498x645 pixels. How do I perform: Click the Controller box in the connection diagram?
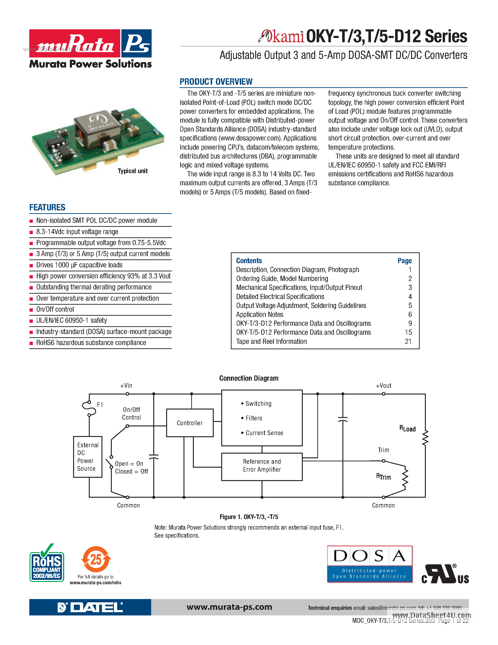[x=190, y=423]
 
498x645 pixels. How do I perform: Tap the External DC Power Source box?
[x=88, y=457]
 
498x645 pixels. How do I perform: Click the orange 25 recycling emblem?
[x=96, y=559]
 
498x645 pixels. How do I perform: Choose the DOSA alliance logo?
[x=370, y=564]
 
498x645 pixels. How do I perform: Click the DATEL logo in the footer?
[x=90, y=607]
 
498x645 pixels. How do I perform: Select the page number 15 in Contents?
[x=408, y=333]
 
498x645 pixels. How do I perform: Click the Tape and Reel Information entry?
[x=271, y=341]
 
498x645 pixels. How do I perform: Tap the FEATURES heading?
[x=47, y=207]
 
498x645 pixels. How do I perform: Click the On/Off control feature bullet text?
[x=55, y=309]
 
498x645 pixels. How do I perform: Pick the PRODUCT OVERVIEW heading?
[x=216, y=82]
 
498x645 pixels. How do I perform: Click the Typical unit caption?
[x=132, y=171]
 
